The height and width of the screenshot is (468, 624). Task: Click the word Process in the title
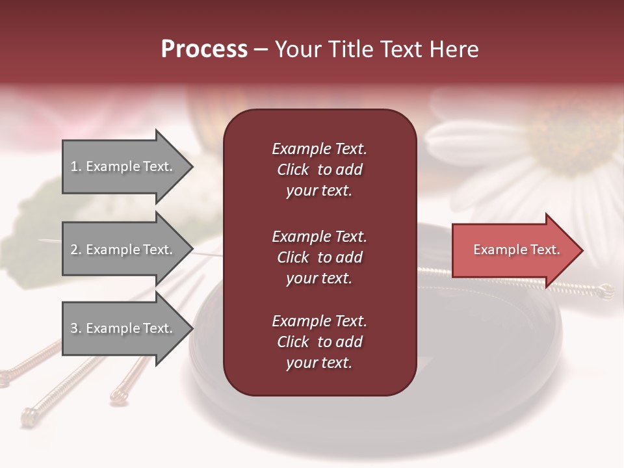point(204,49)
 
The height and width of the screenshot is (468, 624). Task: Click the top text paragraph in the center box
point(319,170)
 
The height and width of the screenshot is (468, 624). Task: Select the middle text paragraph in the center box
point(319,257)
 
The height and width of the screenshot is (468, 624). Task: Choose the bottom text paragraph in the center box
point(319,342)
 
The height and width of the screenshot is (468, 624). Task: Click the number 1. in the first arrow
point(76,166)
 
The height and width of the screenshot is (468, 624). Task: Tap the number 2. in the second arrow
point(76,250)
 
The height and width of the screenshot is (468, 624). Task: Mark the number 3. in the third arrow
point(76,328)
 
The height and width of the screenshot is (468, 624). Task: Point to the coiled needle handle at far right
point(606,291)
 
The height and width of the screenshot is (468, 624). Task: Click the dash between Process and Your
point(261,49)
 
